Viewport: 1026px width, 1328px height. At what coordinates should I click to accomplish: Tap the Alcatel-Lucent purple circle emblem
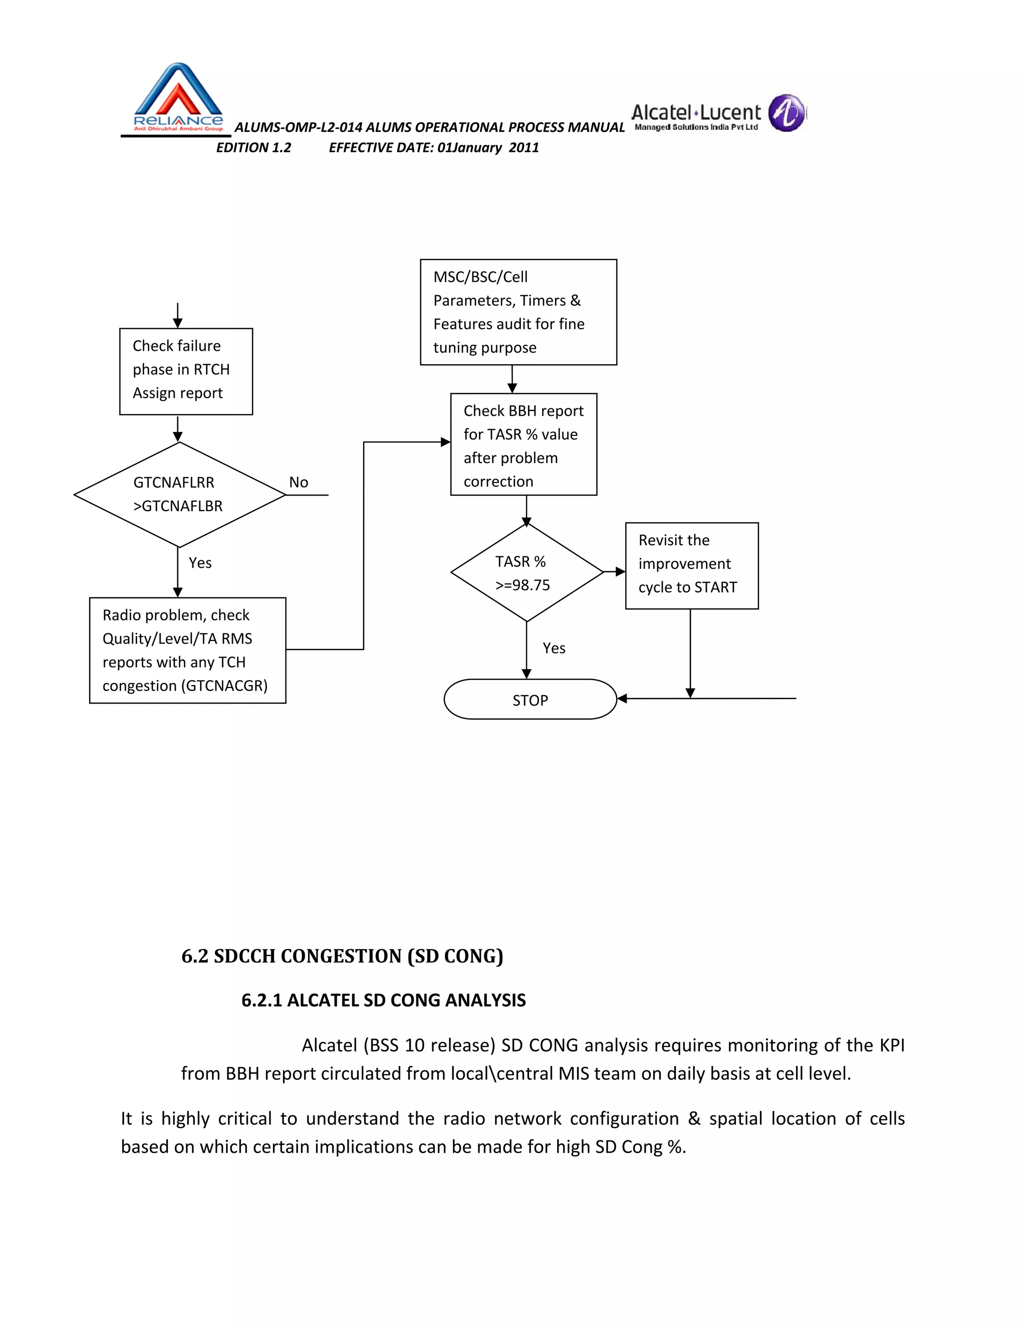786,113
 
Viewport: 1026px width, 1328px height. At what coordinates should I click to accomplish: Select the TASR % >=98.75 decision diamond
527,573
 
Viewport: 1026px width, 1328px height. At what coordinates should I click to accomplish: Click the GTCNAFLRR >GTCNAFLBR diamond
179,494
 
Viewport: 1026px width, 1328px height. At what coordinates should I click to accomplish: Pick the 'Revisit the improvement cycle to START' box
692,565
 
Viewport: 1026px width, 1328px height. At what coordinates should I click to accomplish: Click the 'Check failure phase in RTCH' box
186,371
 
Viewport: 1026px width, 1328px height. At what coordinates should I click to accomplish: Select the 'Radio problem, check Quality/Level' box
187,650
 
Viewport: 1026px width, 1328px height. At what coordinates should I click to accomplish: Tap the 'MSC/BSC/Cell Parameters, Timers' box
518,312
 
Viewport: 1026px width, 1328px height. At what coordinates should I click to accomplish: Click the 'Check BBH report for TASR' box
524,445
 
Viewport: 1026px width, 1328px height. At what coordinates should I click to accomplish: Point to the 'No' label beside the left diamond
299,483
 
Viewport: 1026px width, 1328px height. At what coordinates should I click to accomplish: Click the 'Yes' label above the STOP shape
554,648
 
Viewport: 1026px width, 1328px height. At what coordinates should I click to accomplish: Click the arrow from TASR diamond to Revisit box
615,572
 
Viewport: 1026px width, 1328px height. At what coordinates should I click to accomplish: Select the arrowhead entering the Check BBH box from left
445,442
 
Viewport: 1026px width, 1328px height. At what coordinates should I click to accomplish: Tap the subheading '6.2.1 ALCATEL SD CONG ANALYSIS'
383,1001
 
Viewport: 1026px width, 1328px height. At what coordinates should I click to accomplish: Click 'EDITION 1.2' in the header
253,148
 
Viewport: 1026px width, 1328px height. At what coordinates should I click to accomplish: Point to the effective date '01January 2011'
488,148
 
